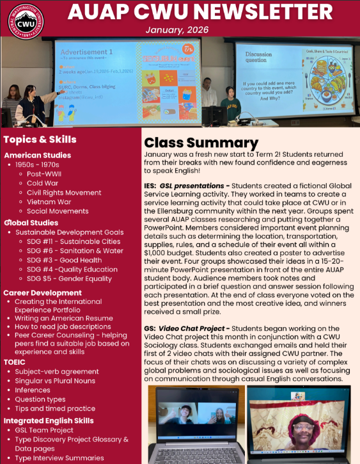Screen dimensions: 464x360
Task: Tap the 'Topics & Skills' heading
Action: [x=40, y=140]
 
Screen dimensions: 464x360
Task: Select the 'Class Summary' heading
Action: [x=201, y=143]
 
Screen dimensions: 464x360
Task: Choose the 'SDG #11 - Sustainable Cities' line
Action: [x=74, y=241]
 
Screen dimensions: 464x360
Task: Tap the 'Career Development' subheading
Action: [x=42, y=292]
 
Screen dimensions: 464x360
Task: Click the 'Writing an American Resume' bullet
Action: [x=63, y=317]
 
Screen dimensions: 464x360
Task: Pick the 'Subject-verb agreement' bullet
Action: [x=56, y=371]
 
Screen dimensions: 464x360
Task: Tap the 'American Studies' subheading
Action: [x=37, y=155]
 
